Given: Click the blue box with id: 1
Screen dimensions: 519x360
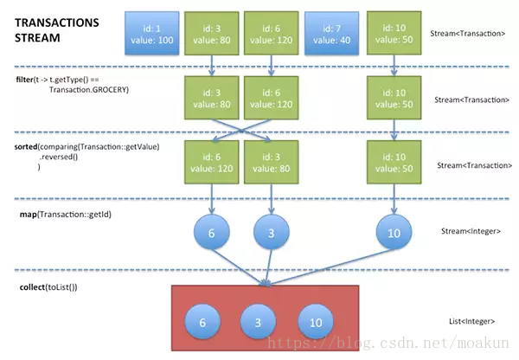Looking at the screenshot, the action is pyautogui.click(x=152, y=33).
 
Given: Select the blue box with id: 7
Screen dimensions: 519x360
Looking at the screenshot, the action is pyautogui.click(x=331, y=33).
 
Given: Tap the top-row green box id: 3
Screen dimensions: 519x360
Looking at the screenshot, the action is pyautogui.click(x=212, y=33).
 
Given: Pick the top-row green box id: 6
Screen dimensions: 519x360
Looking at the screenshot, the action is pyautogui.click(x=271, y=33).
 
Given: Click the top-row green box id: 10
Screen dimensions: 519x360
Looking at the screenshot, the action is pyautogui.click(x=394, y=33).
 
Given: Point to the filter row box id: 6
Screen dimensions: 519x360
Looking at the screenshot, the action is pyautogui.click(x=271, y=98).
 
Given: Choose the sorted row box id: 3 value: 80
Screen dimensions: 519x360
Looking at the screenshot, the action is pyautogui.click(x=271, y=162).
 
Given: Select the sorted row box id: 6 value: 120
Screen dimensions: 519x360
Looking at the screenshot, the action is pyautogui.click(x=212, y=162).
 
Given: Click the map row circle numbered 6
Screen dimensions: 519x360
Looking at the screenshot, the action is pyautogui.click(x=212, y=232).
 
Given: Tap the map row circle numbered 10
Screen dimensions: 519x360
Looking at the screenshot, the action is pyautogui.click(x=394, y=232).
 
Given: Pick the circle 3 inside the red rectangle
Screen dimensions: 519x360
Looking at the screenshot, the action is pyautogui.click(x=258, y=322).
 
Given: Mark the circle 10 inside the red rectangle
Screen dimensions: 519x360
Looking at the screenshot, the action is pyautogui.click(x=316, y=322).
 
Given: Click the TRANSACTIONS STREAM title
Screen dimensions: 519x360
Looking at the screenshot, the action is pyautogui.click(x=56, y=30).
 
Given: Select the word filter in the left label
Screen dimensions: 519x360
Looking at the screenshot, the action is pyautogui.click(x=24, y=80).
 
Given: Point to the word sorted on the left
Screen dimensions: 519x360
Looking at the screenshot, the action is pyautogui.click(x=26, y=147).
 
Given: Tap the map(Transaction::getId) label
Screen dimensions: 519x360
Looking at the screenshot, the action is pyautogui.click(x=66, y=215).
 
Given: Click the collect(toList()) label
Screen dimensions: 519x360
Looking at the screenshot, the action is pyautogui.click(x=48, y=287).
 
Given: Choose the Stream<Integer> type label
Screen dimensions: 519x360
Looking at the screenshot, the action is pyautogui.click(x=471, y=231).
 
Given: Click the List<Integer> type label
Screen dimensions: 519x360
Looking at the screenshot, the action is pyautogui.click(x=471, y=321).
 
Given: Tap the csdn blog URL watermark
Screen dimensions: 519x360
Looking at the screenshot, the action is pyautogui.click(x=388, y=343).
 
